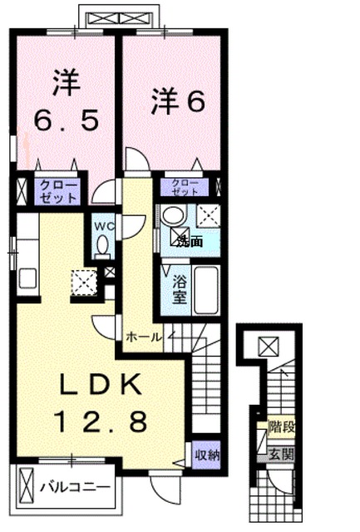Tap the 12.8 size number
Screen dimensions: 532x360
[x=101, y=421]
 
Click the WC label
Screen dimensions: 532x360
[x=102, y=226]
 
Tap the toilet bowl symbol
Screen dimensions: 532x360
[x=102, y=245]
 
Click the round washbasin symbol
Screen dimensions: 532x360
[x=173, y=214]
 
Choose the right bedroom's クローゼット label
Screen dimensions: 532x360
[x=185, y=186]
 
